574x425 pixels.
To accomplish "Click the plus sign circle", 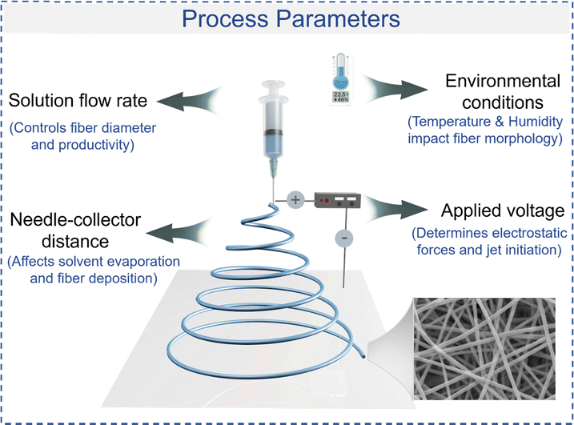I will point(294,199).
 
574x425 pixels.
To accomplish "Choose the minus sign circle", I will point(343,238).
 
